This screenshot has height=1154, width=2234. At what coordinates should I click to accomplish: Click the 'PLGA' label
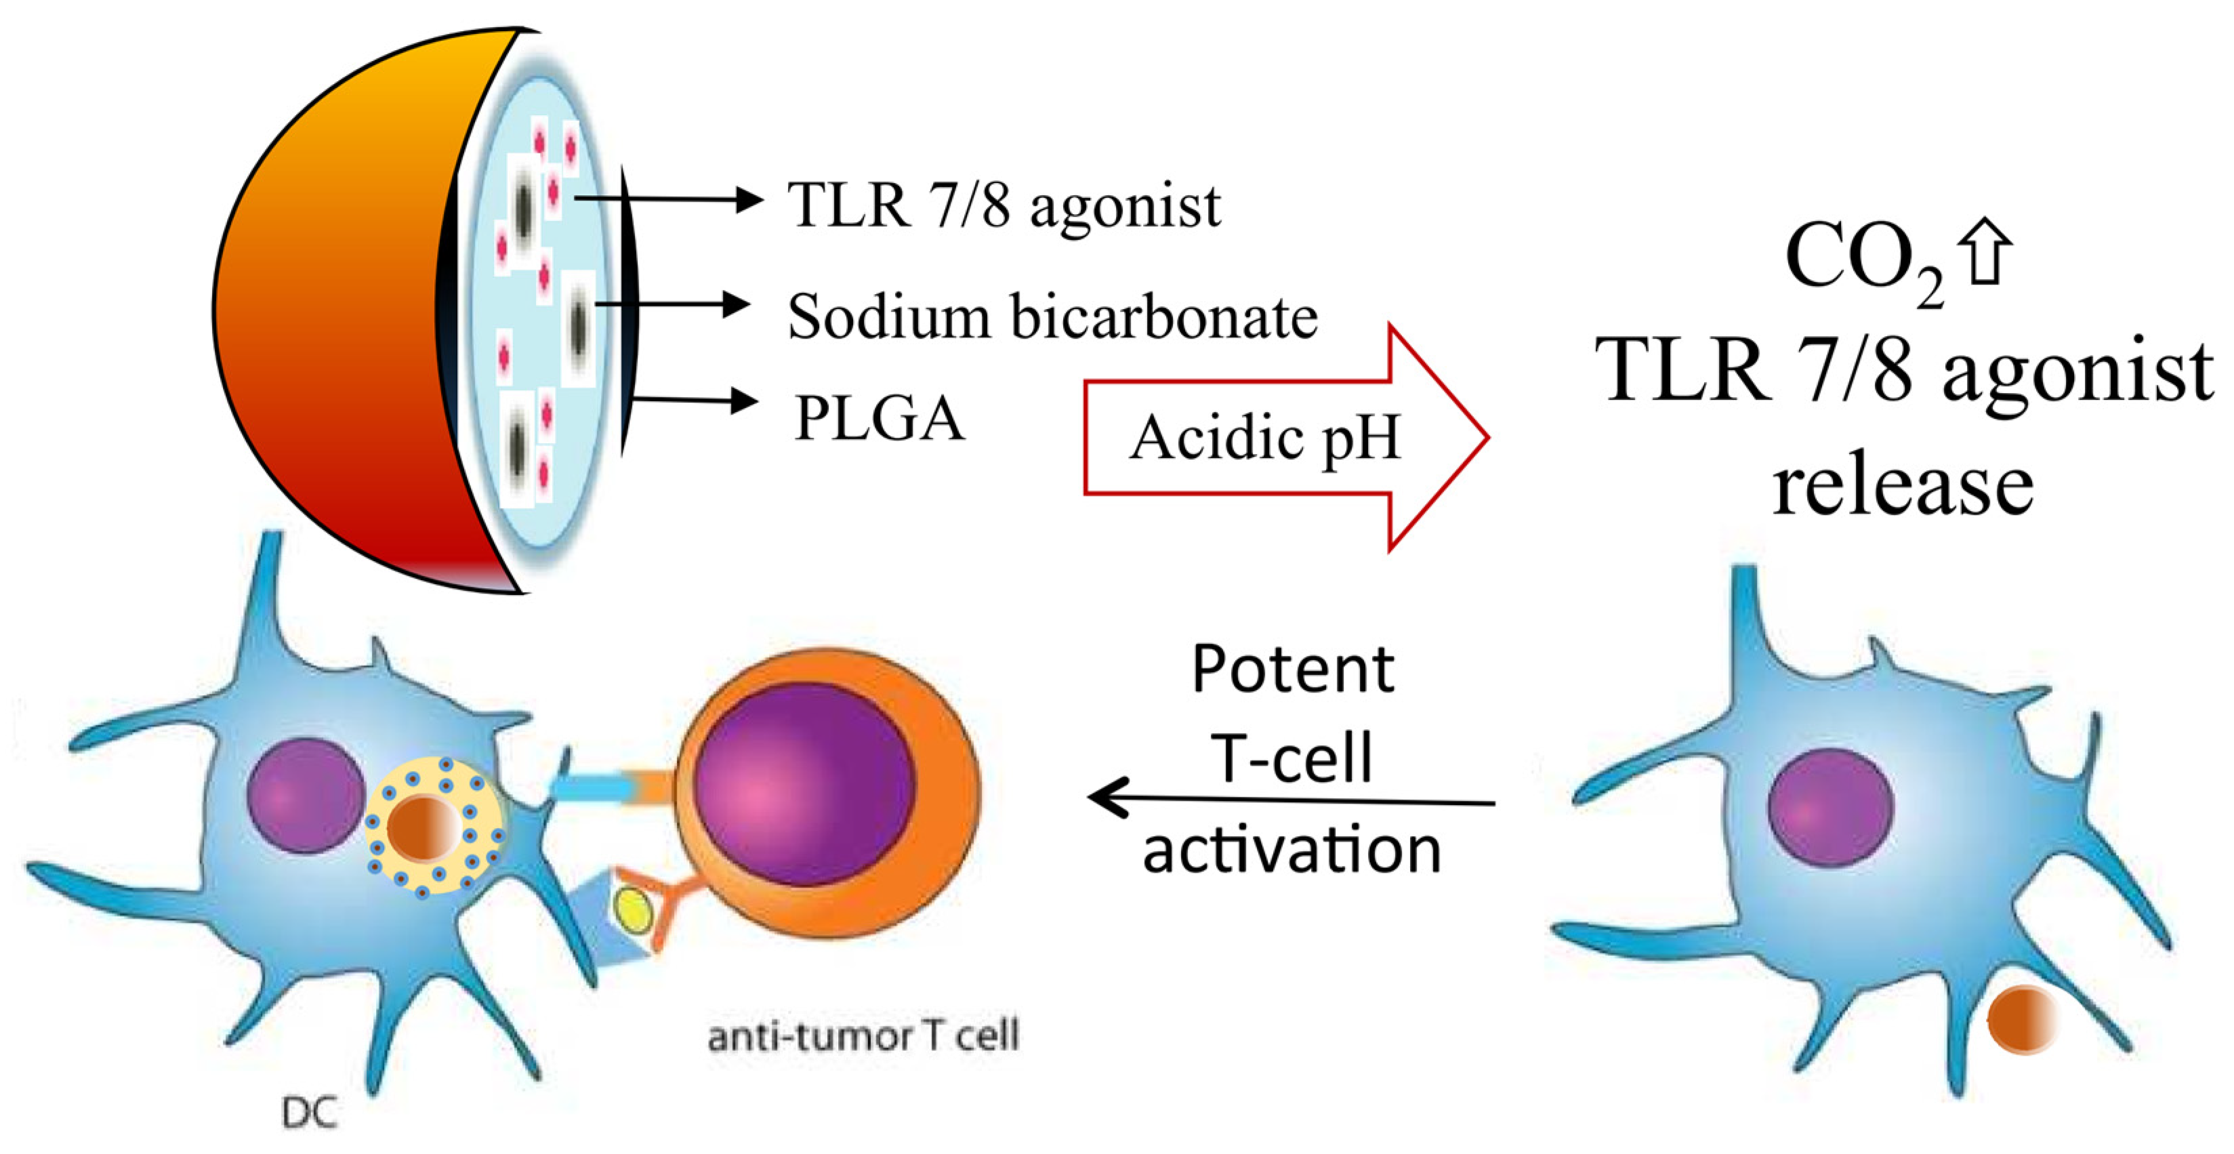click(879, 419)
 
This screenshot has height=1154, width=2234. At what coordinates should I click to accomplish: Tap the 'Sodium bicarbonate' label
click(1052, 316)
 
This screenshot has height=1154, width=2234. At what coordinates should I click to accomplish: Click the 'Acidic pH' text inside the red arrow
click(1264, 438)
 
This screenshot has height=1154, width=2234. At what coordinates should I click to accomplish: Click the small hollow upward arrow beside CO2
click(1987, 251)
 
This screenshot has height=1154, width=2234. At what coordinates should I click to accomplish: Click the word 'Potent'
click(1292, 669)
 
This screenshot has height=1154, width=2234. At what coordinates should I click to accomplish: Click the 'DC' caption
click(310, 1113)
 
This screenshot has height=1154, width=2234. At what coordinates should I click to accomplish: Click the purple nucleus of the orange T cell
click(805, 785)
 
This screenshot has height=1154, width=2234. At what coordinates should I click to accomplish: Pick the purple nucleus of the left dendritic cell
click(306, 795)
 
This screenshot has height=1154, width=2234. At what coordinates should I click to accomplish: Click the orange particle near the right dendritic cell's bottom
click(2021, 1021)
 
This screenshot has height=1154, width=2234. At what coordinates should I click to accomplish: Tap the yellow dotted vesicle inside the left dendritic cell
click(434, 828)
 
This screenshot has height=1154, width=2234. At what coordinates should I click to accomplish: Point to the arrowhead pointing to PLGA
click(743, 400)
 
